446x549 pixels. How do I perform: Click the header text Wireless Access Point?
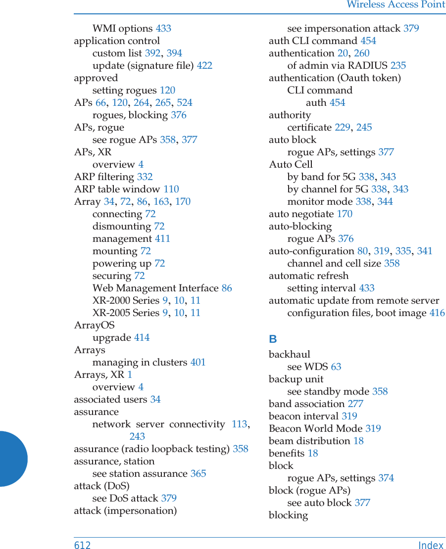pos(396,5)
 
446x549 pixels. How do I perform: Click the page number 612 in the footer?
pos(82,545)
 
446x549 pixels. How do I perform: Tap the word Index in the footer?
pos(431,545)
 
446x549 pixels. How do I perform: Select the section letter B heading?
pos(273,339)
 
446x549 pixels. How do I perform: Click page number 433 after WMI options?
pos(163,28)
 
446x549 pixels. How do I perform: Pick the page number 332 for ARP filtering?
pos(145,177)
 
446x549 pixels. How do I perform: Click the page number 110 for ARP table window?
pos(171,189)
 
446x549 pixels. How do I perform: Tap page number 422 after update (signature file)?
pos(204,65)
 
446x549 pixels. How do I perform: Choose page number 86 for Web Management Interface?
pos(226,288)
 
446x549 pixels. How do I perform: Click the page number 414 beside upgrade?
pos(142,337)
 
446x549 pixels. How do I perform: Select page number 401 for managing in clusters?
pos(198,362)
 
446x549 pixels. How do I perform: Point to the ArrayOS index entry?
pos(94,325)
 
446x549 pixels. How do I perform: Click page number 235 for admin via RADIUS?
pos(398,65)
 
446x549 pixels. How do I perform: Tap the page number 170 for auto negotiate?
pos(345,214)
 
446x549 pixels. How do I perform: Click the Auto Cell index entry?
pos(291,164)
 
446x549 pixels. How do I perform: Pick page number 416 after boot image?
pos(437,313)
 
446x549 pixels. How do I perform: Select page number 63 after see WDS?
pos(336,366)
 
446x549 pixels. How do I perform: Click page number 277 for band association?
pos(355,404)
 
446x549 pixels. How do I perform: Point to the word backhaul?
pos(290,354)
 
